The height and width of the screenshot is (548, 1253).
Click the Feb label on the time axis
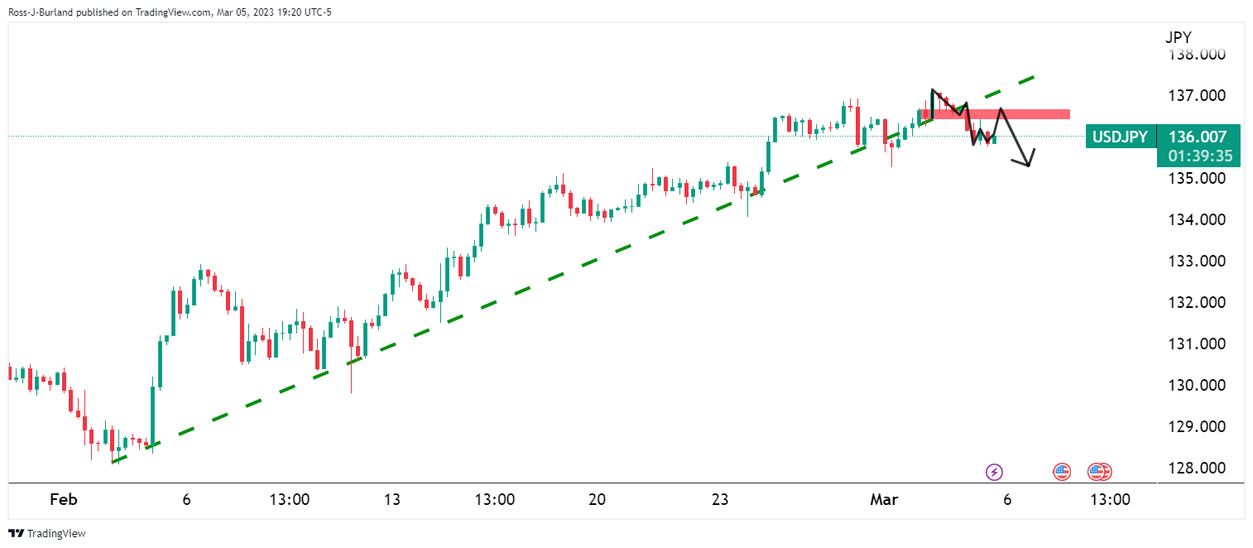tap(63, 500)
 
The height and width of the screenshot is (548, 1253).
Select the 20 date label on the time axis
tap(597, 500)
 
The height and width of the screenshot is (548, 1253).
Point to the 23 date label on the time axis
tap(720, 500)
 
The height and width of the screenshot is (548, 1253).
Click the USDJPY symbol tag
tap(1120, 137)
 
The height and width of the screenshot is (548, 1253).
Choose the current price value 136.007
tap(1198, 137)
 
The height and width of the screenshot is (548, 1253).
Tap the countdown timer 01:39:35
tap(1198, 156)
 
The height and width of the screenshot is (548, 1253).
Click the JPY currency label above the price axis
tap(1179, 37)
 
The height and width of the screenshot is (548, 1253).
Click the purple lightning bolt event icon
tap(994, 473)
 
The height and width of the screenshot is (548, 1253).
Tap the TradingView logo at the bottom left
tap(47, 534)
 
